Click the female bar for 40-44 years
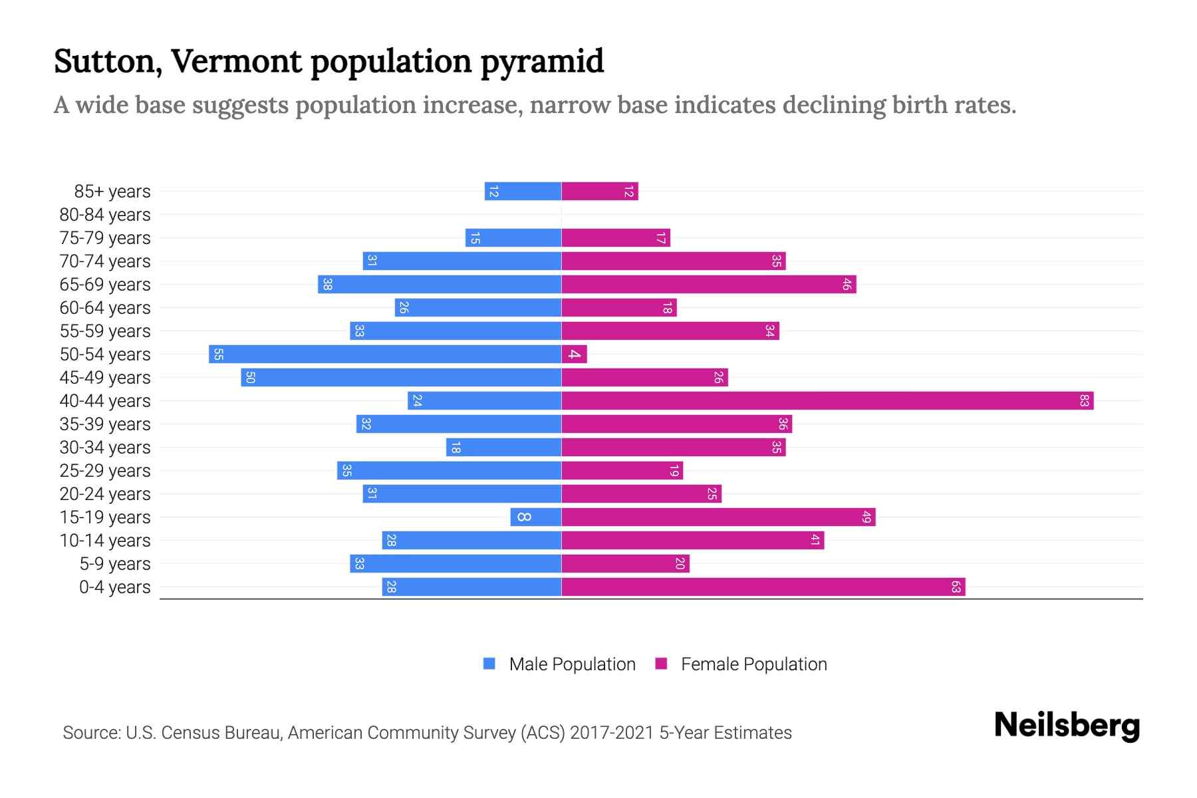(827, 401)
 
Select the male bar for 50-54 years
(385, 354)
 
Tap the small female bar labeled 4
(574, 354)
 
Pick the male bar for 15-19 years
(536, 517)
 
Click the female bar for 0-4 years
(763, 587)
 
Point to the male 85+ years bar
(523, 192)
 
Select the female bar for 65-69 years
(708, 285)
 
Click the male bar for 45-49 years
(401, 378)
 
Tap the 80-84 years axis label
(105, 215)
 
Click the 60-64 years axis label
(105, 308)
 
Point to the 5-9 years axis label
(115, 564)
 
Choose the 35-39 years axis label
(105, 424)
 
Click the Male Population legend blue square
(489, 664)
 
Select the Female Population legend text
(753, 664)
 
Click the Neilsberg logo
(1067, 726)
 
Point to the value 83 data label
(1084, 401)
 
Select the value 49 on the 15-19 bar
(866, 517)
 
